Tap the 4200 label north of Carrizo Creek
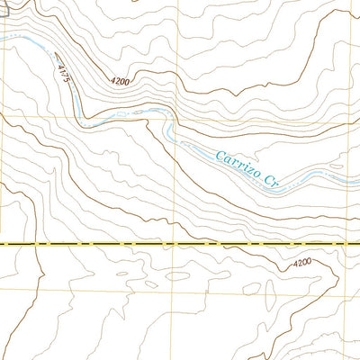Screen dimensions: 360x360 [x=122, y=81]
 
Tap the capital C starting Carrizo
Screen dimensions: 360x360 [x=219, y=156]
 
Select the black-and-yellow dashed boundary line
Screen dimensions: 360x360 [x=90, y=244]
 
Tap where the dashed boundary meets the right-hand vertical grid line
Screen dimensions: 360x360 [x=352, y=244]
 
